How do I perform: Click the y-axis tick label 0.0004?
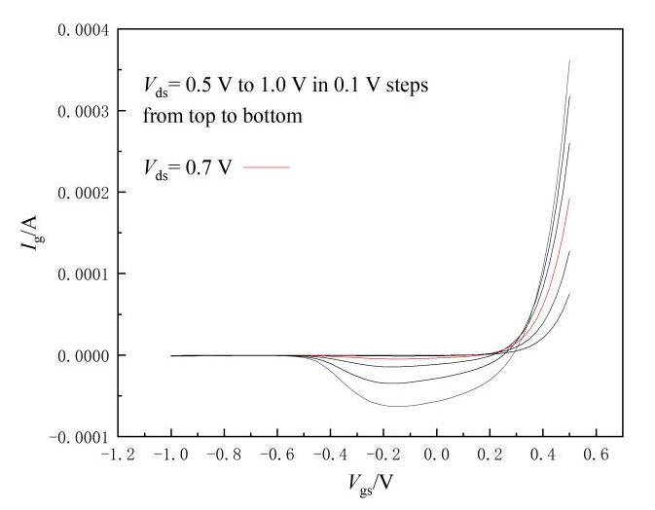point(83,30)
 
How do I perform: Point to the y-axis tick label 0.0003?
point(83,111)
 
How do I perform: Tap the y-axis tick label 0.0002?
point(83,193)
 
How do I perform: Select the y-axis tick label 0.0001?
point(83,273)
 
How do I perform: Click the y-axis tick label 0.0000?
point(83,355)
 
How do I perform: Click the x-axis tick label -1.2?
point(118,455)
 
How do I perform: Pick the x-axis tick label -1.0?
point(171,455)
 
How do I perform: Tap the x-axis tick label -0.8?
point(224,455)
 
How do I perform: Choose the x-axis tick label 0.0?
point(438,455)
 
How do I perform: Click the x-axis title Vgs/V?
point(371,484)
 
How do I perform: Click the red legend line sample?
point(267,167)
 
